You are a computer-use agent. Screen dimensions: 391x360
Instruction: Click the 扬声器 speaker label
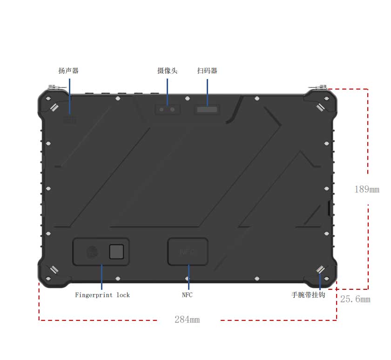[x=68, y=71]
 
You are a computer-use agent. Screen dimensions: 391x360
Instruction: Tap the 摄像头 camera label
[x=167, y=71]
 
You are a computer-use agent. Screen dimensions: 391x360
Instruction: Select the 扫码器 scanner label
[x=207, y=71]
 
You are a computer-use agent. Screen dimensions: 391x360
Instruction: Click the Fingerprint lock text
[x=102, y=295]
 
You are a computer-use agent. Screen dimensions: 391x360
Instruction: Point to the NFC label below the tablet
[x=187, y=295]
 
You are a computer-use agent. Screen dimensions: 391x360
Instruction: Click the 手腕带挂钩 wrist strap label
[x=308, y=295]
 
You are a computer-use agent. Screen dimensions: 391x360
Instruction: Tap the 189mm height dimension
[x=367, y=190]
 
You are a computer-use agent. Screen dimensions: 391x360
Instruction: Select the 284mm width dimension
[x=187, y=320]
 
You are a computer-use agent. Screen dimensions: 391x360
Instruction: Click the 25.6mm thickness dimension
[x=355, y=299]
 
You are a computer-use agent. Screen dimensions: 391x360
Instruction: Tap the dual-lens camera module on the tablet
[x=167, y=110]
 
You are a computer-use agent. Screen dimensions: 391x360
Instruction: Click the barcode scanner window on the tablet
[x=207, y=110]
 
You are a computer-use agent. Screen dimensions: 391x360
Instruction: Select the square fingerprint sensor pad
[x=116, y=252]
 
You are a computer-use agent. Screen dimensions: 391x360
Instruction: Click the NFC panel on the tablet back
[x=188, y=252]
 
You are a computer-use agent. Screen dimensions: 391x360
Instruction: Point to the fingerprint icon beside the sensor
[x=92, y=252]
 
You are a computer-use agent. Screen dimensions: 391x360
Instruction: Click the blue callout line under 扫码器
[x=207, y=93]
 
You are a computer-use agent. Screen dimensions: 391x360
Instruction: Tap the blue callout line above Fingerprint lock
[x=102, y=277]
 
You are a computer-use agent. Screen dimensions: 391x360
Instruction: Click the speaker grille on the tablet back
[x=70, y=120]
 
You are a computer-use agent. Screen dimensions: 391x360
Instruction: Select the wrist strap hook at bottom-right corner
[x=320, y=270]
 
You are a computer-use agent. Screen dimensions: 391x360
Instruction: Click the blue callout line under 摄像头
[x=167, y=92]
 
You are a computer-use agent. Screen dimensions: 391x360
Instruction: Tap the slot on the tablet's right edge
[x=329, y=208]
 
